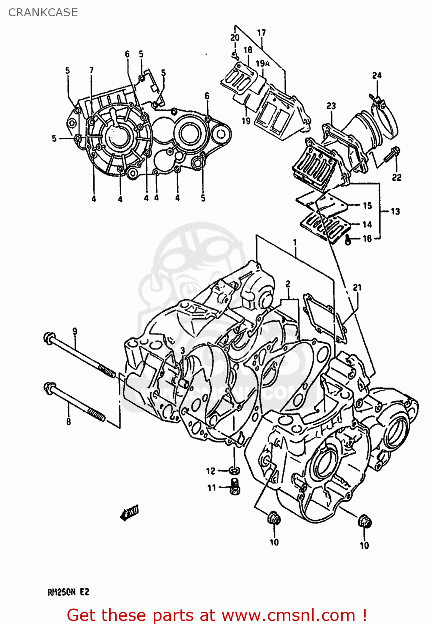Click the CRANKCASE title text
[43, 12]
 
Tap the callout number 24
[377, 75]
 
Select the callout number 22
[396, 177]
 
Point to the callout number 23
[331, 106]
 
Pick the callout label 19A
[262, 63]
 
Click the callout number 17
[261, 32]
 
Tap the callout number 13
[395, 211]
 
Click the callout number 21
[357, 287]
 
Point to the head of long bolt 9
[48, 337]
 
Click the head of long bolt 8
[49, 387]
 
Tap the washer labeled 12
[235, 470]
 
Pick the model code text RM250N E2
[68, 592]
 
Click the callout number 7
[92, 70]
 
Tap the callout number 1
[295, 242]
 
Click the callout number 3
[182, 350]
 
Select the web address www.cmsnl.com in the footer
[288, 615]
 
